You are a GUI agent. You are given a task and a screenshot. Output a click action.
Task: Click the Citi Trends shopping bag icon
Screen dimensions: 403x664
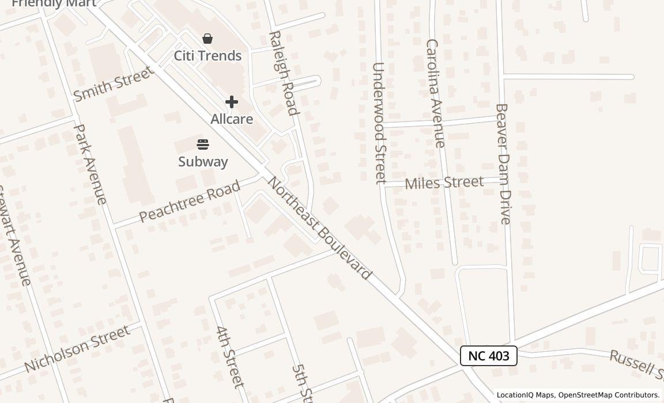coord(207,39)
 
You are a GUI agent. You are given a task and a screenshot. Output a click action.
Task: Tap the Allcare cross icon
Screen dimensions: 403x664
coord(232,102)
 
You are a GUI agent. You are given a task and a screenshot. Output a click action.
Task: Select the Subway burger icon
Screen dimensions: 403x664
coord(203,144)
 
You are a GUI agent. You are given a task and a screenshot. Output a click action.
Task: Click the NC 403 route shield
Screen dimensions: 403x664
coord(488,356)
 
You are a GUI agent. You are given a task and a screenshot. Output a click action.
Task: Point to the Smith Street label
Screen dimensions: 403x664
coord(114,83)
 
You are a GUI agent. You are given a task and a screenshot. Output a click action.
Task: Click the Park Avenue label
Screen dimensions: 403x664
coord(90,164)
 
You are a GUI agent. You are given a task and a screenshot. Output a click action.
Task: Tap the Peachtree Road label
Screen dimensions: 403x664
coord(190,201)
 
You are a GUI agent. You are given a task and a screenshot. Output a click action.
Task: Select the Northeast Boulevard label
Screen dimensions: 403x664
coord(319,228)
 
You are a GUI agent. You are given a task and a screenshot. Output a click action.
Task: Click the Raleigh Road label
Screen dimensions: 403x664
coord(284,73)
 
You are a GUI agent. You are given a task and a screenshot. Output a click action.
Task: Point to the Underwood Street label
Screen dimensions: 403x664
coord(379,123)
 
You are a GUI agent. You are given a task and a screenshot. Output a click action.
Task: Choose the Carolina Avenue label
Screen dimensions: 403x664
coord(435,93)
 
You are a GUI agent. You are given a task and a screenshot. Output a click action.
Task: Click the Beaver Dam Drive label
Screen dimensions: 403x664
coord(503,164)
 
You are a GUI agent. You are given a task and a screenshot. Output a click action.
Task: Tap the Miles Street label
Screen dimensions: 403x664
coord(444,183)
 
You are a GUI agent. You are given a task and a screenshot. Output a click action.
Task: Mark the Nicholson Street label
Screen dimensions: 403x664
coord(77,348)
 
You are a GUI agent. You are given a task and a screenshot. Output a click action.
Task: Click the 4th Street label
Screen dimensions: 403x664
coord(230,357)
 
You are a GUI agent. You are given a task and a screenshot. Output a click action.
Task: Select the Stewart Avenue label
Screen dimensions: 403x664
coord(14,236)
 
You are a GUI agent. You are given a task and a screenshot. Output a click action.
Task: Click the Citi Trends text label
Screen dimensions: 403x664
coord(207,56)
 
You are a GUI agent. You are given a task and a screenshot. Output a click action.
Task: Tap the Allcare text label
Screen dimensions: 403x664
coord(232,119)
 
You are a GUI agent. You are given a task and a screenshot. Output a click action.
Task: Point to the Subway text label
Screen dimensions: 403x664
coord(203,161)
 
